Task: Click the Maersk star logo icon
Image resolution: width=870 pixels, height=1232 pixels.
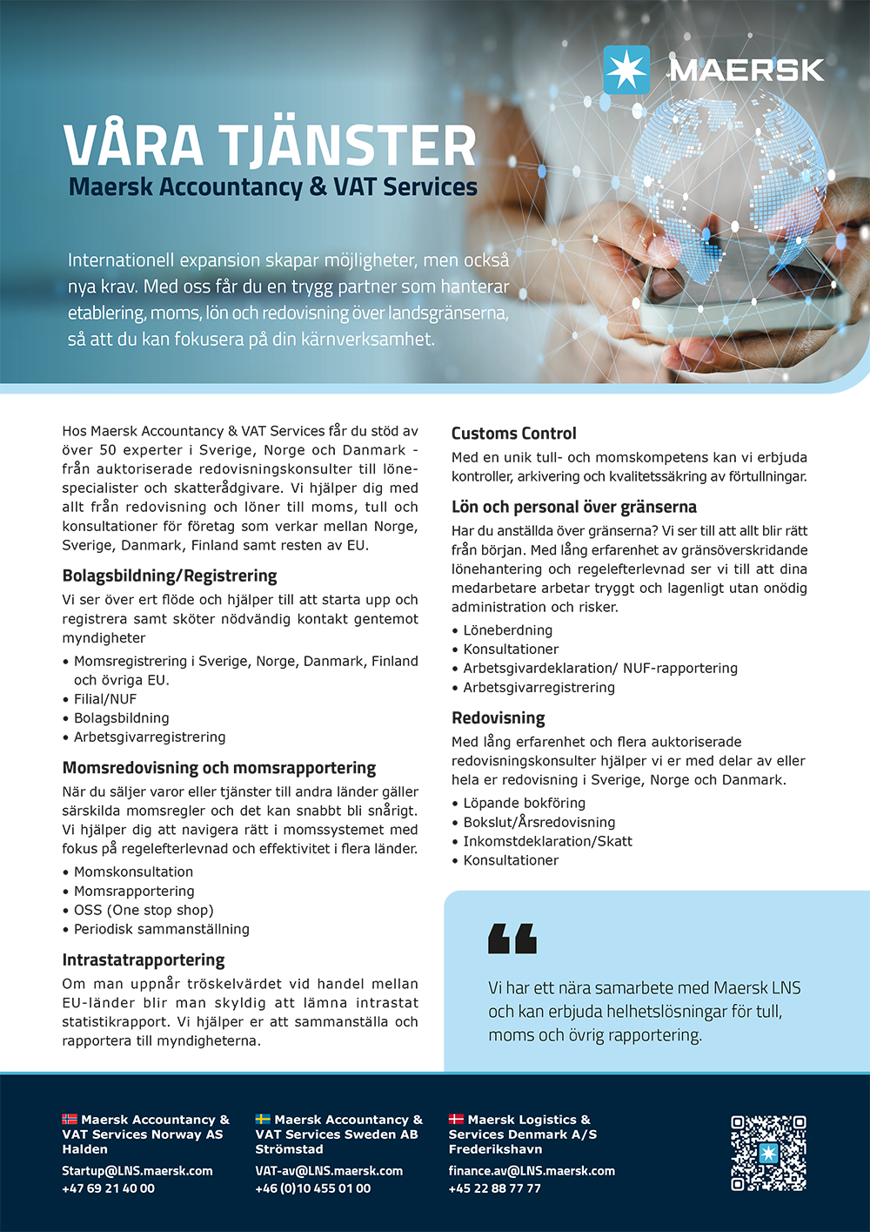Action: tap(626, 70)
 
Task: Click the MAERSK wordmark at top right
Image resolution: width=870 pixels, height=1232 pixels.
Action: tap(746, 71)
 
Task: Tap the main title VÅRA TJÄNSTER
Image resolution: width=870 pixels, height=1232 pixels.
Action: tap(270, 145)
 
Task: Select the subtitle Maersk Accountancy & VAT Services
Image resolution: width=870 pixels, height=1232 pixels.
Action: tap(272, 187)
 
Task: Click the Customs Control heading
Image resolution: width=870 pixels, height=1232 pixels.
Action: tap(513, 434)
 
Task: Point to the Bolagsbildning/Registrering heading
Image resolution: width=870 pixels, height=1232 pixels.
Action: tap(170, 576)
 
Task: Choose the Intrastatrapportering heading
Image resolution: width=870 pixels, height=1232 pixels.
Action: tap(144, 959)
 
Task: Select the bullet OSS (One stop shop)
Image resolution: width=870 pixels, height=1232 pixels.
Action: tap(144, 910)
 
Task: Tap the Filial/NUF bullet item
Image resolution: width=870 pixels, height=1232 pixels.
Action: tap(105, 699)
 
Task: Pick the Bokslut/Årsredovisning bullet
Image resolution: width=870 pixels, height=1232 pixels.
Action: tap(539, 822)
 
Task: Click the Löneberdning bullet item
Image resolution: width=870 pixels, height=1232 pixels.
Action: tap(507, 630)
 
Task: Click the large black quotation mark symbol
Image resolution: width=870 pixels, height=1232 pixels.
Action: tap(512, 939)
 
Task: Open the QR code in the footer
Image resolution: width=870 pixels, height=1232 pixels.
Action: tap(768, 1153)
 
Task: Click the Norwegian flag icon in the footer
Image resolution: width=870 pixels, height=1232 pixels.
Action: tap(70, 1120)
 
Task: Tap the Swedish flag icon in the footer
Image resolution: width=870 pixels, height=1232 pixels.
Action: tap(263, 1120)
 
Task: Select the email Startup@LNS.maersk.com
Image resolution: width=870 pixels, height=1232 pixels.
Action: tap(137, 1171)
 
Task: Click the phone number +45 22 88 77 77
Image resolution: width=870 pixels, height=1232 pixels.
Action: tap(494, 1188)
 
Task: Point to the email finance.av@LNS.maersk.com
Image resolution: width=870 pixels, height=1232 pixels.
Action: tap(532, 1171)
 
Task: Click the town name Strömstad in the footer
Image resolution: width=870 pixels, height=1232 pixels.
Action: tap(289, 1149)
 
